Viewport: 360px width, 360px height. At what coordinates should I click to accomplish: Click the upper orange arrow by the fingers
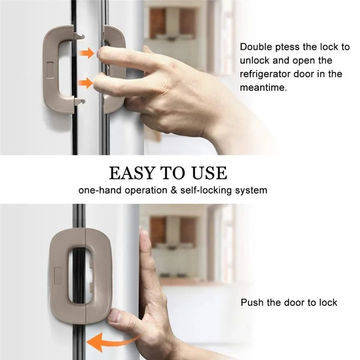[x=87, y=54]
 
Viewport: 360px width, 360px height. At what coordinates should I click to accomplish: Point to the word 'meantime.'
[x=263, y=88]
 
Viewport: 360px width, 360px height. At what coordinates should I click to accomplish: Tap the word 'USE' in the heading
[x=209, y=173]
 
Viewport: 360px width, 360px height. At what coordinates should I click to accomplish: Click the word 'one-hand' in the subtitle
[x=98, y=190]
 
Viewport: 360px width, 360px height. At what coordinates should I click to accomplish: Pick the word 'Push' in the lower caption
[x=252, y=302]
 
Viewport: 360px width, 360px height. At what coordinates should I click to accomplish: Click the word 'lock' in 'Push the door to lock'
[x=328, y=302]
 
